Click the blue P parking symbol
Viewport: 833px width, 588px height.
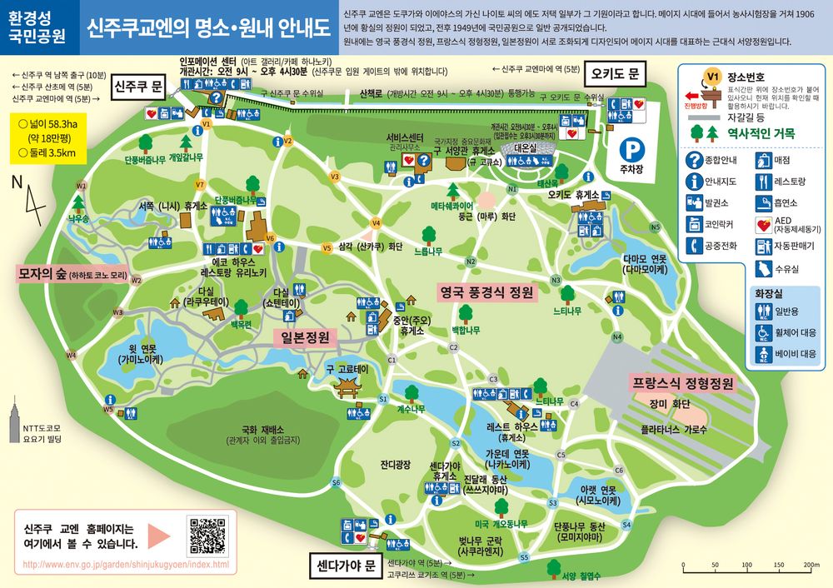click(x=636, y=150)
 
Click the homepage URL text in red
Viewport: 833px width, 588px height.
click(x=126, y=565)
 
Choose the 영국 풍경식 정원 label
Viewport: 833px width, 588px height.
click(x=486, y=293)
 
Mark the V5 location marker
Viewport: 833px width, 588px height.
click(x=327, y=247)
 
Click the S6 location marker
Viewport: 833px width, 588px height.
click(x=337, y=482)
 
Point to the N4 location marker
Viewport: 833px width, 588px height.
click(x=617, y=336)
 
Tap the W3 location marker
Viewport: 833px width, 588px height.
click(x=118, y=313)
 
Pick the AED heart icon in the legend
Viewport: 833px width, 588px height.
click(x=763, y=224)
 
